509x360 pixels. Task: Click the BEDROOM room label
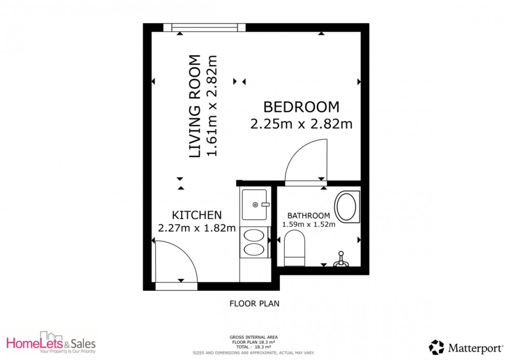click(x=301, y=107)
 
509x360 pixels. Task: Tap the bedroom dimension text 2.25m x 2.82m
click(x=301, y=124)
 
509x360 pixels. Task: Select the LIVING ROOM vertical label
click(x=194, y=106)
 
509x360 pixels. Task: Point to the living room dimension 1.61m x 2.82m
click(x=211, y=106)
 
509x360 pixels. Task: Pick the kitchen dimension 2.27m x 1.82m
click(x=197, y=228)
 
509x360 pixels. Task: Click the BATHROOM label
click(x=309, y=216)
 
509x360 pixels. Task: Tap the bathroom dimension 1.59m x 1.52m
click(x=309, y=224)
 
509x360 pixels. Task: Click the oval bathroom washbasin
click(x=347, y=207)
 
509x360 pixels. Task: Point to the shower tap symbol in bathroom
click(x=341, y=259)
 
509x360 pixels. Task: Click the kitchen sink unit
click(x=255, y=205)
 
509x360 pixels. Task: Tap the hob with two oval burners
click(x=254, y=242)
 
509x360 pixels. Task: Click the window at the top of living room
click(x=204, y=27)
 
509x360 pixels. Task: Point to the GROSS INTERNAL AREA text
click(x=254, y=337)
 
